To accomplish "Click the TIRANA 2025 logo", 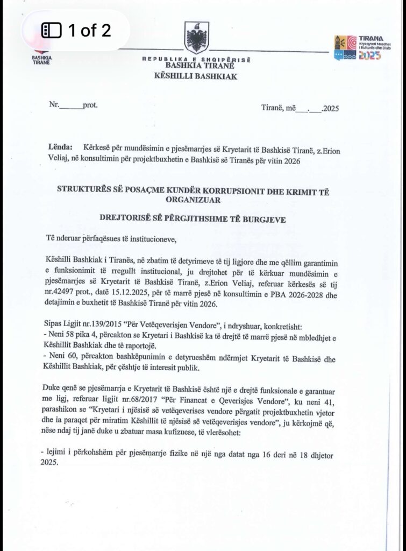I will point(356,47).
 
